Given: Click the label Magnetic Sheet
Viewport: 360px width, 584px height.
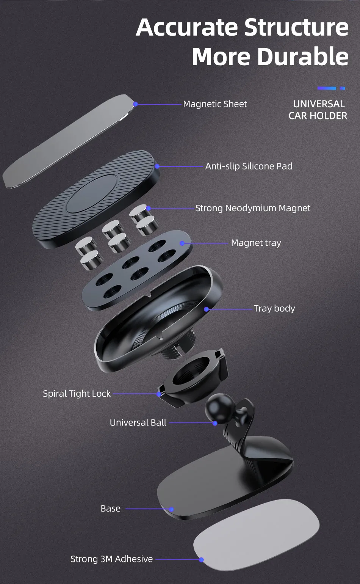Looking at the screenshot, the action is pos(215,104).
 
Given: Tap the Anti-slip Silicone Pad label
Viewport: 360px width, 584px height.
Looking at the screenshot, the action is pos(249,166).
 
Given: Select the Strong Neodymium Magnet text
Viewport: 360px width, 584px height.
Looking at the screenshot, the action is pos(253,208).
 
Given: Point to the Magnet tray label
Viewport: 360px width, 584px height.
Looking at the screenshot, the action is pos(256,243).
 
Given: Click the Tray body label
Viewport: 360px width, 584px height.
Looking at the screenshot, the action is pos(274,309).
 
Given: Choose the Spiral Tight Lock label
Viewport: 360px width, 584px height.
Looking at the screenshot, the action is pos(77,394).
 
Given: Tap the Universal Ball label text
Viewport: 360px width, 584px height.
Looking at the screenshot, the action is pos(138,422).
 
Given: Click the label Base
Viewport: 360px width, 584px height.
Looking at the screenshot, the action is pos(110,509).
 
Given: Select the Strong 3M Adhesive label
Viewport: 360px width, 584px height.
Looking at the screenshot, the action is pos(111,559).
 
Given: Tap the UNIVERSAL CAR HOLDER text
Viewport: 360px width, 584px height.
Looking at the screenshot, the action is pos(318,110).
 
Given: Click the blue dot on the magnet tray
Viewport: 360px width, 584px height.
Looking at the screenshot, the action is pos(182,243).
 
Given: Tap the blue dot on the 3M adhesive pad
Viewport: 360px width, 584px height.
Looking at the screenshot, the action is pos(201,560).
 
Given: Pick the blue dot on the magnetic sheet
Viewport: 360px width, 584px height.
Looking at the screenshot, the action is pos(135,104).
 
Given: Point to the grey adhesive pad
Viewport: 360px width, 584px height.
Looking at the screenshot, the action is pos(258,535).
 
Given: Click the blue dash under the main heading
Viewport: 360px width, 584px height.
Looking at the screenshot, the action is pos(327,88).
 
